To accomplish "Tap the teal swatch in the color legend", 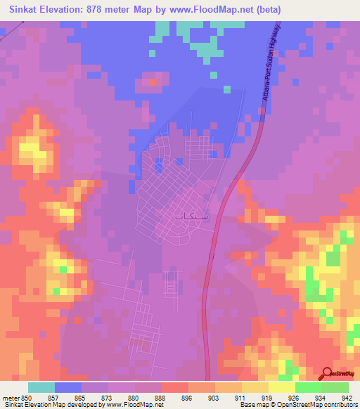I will [41, 387].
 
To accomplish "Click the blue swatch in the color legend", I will [68, 387].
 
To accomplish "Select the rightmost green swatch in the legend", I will [335, 387].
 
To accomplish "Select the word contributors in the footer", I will [340, 405].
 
